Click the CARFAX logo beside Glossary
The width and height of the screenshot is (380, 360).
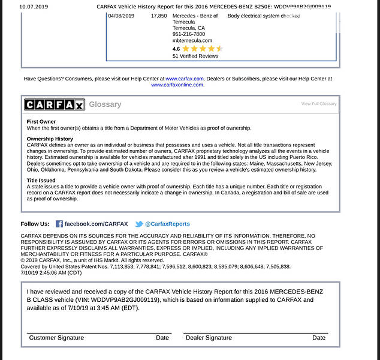point(55,104)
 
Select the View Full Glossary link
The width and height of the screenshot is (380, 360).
point(318,104)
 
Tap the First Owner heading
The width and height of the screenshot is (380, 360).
point(41,121)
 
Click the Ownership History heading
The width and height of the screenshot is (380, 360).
point(50,139)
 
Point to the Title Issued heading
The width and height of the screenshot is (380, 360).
point(41,180)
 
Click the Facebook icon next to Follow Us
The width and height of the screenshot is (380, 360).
point(59,224)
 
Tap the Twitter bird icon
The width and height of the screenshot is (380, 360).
point(138,224)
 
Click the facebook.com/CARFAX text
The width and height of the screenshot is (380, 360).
point(96,224)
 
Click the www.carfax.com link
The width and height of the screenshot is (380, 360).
point(185,79)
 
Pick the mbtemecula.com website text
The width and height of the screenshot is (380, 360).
point(192,40)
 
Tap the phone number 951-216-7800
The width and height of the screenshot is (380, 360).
point(188,34)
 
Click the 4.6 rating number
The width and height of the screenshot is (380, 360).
point(176,49)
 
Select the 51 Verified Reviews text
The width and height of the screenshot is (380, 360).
point(195,56)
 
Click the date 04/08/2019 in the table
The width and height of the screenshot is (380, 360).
point(123,16)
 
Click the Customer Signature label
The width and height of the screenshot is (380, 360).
point(56,338)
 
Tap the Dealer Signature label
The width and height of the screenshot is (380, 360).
point(209,338)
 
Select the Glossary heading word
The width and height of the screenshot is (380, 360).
point(105,104)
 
